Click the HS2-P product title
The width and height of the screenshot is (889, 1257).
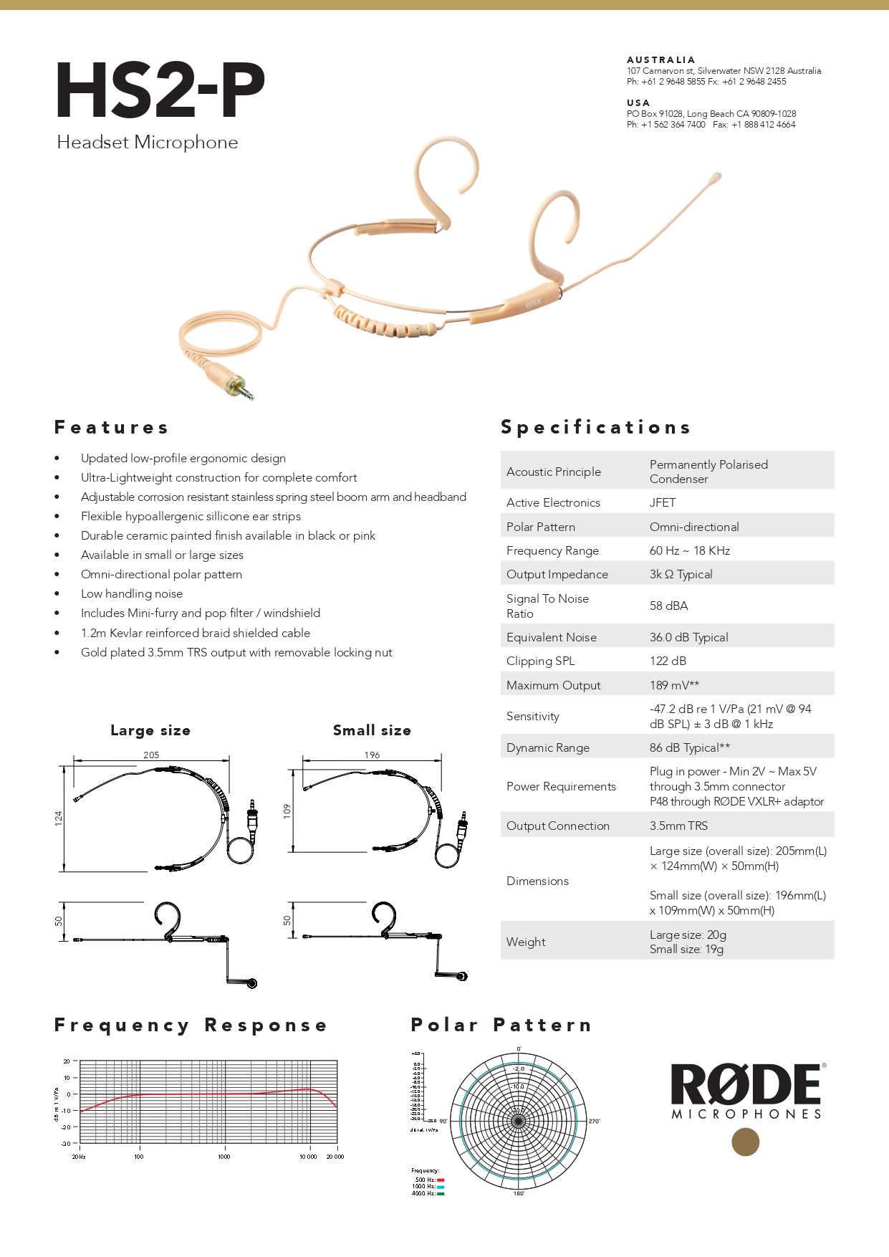(x=160, y=91)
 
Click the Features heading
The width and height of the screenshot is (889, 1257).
(x=111, y=428)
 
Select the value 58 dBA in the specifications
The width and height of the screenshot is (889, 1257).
(x=668, y=606)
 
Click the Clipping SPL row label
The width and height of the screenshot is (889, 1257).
(x=540, y=661)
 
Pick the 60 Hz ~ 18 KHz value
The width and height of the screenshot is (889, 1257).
(x=689, y=551)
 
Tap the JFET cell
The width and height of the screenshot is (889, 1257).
(x=662, y=503)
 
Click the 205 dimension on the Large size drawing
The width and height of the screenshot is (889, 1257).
(x=151, y=755)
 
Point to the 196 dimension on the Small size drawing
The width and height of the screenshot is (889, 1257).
(x=372, y=755)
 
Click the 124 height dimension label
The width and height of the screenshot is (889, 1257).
(x=59, y=818)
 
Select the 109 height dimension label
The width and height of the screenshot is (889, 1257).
(x=287, y=811)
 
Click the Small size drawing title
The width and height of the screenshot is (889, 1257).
(x=372, y=730)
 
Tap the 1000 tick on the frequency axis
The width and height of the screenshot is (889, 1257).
(x=224, y=1157)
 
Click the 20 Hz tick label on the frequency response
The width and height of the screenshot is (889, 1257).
(x=79, y=1157)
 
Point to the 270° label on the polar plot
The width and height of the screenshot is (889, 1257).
(x=594, y=1122)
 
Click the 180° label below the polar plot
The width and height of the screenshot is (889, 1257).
(x=519, y=1193)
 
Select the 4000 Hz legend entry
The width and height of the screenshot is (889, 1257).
(x=428, y=1193)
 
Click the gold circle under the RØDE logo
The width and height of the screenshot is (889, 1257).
(x=745, y=1142)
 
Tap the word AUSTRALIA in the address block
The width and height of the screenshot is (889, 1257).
(x=660, y=60)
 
